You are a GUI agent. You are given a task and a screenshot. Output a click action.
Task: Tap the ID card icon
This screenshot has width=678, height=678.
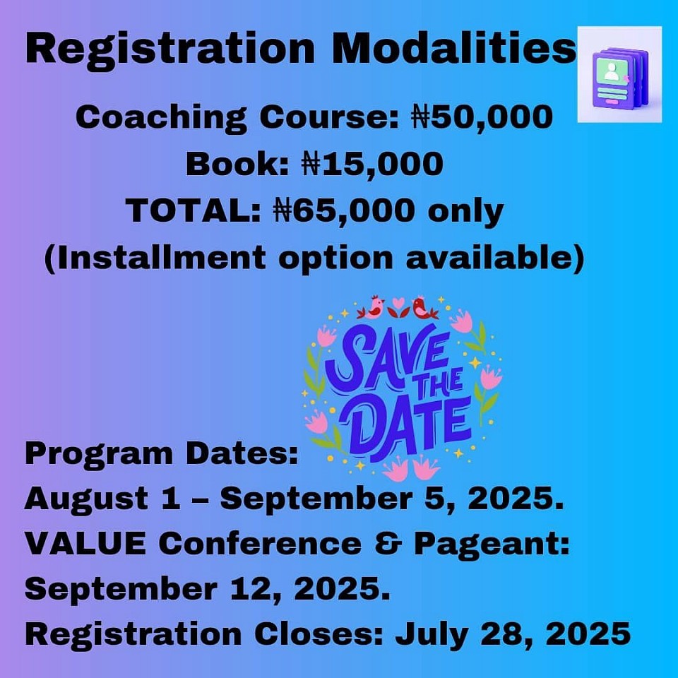(619, 74)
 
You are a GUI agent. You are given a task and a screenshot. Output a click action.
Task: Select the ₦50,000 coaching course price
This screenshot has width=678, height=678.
(482, 117)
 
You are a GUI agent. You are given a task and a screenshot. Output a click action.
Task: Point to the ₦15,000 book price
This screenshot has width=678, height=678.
(372, 164)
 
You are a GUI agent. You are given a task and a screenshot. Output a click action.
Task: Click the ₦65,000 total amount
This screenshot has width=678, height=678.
(344, 211)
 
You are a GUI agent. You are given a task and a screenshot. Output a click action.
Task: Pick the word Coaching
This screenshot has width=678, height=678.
(161, 118)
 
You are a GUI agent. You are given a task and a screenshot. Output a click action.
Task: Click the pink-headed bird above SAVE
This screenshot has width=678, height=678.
(372, 307)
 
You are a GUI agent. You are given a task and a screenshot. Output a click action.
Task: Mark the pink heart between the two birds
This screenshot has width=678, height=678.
(398, 302)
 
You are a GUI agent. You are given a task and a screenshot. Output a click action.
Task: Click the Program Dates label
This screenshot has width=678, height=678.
(162, 454)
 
